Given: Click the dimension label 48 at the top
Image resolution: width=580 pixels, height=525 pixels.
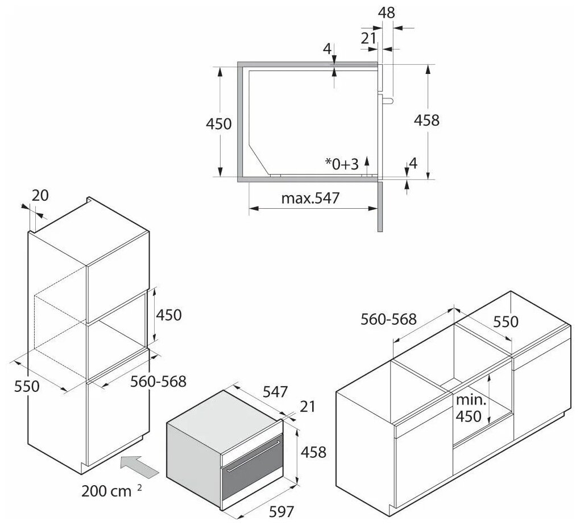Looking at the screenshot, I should click(x=387, y=13).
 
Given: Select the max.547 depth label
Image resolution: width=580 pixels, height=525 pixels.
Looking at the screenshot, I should click(x=310, y=199).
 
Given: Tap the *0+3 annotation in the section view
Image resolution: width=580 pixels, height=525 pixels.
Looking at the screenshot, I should click(x=342, y=164).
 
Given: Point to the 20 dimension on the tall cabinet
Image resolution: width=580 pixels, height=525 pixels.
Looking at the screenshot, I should click(x=40, y=195).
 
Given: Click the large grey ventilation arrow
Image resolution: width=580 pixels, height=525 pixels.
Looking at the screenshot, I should click(x=140, y=465).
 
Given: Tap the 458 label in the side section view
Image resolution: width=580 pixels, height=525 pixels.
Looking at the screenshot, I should click(x=426, y=121).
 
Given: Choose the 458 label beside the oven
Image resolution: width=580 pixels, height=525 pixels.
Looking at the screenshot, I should click(x=313, y=452).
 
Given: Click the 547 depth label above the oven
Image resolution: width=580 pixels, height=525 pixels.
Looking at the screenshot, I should click(x=275, y=392).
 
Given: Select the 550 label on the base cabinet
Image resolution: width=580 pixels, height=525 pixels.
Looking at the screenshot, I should click(x=506, y=321).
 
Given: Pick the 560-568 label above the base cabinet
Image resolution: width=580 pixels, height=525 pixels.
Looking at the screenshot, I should click(x=390, y=320).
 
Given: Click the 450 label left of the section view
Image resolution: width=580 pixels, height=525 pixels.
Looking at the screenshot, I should click(x=219, y=123).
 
